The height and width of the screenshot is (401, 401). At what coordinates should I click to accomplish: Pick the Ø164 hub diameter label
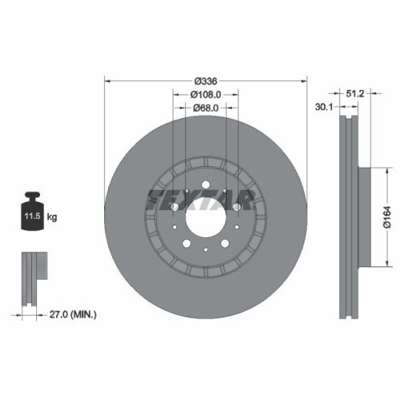[x=386, y=217]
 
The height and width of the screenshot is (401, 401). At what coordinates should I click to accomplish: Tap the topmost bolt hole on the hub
[x=207, y=186]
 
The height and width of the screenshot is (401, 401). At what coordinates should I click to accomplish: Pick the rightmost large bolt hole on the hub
[x=233, y=206]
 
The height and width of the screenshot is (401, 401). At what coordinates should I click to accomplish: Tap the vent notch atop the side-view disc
[x=347, y=120]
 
